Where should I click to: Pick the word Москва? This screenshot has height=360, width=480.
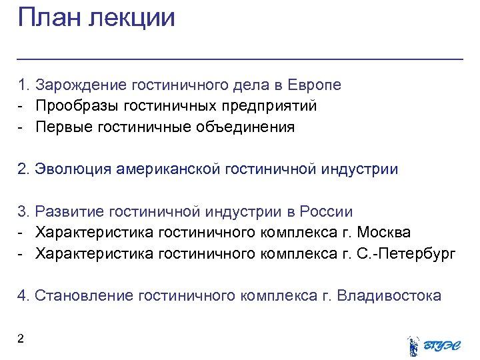383,233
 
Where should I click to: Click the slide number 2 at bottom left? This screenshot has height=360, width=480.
21,339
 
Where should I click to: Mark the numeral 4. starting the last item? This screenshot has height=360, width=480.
23,296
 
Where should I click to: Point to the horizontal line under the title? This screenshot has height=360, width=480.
240,60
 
